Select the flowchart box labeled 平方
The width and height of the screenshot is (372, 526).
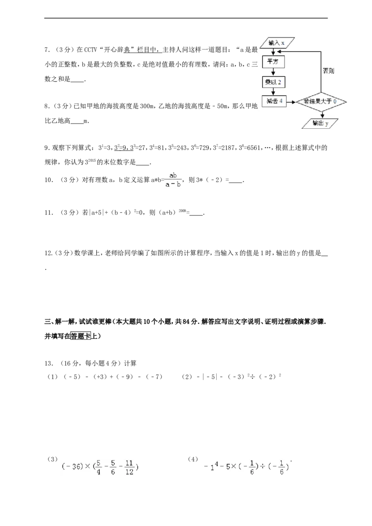click(273, 61)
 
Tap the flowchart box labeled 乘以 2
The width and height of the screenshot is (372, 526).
click(273, 82)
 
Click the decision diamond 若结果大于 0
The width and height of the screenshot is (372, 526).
click(320, 101)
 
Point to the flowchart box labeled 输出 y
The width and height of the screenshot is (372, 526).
click(320, 123)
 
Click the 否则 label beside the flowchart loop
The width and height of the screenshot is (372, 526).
click(328, 71)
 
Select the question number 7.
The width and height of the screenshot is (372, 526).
click(47, 50)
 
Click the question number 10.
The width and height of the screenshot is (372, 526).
click(49, 180)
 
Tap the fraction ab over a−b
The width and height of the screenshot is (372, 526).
click(173, 180)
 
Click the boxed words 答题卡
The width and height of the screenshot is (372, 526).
click(81, 336)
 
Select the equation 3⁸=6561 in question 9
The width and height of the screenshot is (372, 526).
click(249, 147)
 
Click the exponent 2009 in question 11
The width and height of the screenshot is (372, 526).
click(182, 210)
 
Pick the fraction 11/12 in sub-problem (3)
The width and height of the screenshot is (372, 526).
click(129, 467)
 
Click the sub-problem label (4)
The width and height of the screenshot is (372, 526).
click(193, 459)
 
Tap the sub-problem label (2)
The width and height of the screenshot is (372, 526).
click(186, 377)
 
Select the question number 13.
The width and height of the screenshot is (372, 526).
click(49, 363)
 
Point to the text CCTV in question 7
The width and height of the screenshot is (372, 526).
click(90, 50)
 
